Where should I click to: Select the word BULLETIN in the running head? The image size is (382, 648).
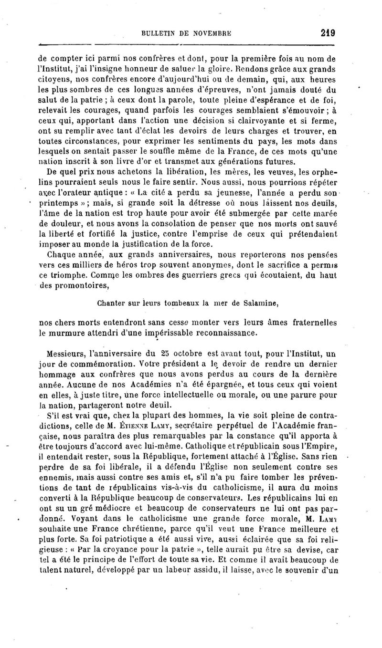159,34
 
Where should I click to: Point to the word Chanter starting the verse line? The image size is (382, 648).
112,303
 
